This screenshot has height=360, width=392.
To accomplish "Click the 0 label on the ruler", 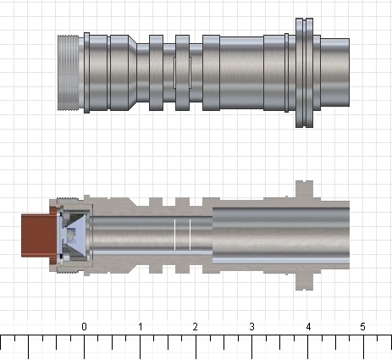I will tap(84, 326).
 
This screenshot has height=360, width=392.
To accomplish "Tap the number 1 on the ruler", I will tap(140, 326).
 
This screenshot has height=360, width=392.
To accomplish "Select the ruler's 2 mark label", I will tap(196, 326).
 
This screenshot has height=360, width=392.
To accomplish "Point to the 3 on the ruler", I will tap(251, 326).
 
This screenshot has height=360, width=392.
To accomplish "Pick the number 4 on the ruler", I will tap(307, 326).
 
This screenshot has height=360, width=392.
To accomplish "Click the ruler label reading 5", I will tap(363, 326).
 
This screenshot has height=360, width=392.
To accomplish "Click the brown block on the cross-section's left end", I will tap(35, 235).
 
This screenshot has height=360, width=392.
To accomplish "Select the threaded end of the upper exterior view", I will tap(69, 72).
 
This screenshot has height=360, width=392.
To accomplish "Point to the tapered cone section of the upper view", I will tap(134, 72).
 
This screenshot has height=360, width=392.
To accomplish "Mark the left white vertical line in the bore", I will tap(174, 234).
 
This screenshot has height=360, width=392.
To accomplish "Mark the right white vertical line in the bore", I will tap(190, 234).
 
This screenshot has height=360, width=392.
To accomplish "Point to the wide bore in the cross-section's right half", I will tap(279, 234).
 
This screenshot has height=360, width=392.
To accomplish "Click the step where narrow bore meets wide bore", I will tap(212, 234).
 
